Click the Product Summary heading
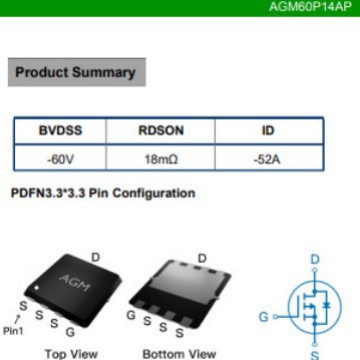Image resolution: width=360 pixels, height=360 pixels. [75, 72]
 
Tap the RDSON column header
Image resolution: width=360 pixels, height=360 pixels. [160, 131]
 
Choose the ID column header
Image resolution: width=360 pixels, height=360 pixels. [268, 131]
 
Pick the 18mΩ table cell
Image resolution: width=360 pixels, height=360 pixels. [160, 158]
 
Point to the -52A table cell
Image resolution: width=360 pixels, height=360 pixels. [268, 158]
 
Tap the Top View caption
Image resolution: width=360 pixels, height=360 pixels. [71, 353]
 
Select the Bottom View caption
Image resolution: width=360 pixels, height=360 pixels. [179, 353]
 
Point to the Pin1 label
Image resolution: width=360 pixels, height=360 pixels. [13, 331]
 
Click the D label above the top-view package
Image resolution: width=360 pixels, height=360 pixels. [96, 258]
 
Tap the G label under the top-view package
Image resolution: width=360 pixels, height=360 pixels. [69, 331]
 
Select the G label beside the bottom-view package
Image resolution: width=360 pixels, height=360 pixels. [131, 315]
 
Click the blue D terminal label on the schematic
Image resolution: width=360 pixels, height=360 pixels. [315, 260]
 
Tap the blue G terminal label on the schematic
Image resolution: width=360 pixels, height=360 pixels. [264, 316]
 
